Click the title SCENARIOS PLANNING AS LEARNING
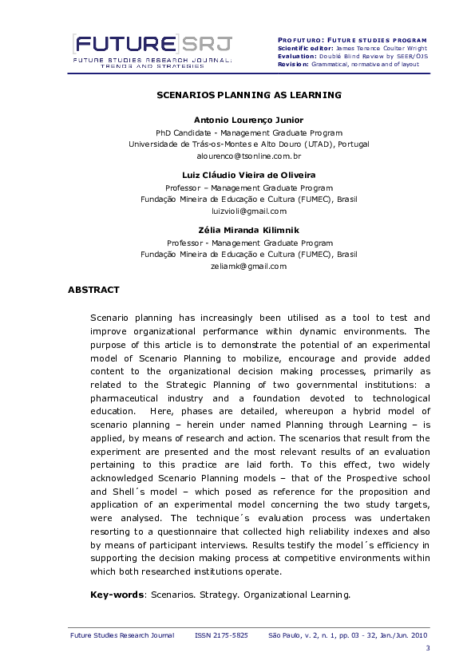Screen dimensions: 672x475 tap(248, 95)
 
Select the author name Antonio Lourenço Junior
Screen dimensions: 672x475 tap(248, 120)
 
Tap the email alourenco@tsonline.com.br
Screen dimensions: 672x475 tap(248, 157)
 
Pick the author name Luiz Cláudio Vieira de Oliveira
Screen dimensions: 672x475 tap(248, 174)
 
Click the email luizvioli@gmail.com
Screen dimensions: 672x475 tap(248, 211)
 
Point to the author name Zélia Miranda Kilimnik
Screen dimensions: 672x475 tap(248, 229)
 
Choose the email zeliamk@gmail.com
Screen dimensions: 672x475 tap(248, 267)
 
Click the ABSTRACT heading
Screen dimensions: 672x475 tap(93, 290)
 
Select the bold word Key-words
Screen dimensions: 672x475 tap(117, 595)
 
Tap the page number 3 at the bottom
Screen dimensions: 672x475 tap(428, 647)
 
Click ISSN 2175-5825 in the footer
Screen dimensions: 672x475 tap(221, 635)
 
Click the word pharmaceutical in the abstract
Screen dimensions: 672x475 tap(130, 398)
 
